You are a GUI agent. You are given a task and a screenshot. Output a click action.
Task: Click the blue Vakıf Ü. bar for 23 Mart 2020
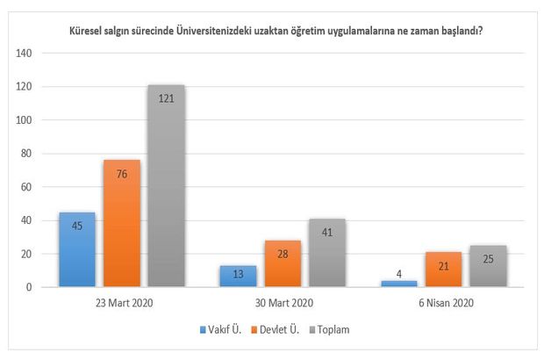(x=76, y=249)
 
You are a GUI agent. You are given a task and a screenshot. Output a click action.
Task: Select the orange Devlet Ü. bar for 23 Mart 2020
(x=121, y=223)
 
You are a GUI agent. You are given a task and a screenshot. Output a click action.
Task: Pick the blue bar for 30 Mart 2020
(x=238, y=277)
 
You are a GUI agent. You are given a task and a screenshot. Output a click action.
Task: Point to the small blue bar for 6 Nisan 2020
(x=399, y=284)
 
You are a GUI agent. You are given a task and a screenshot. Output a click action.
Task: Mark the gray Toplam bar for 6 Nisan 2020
(x=489, y=266)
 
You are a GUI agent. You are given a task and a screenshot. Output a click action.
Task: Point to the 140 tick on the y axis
(x=24, y=53)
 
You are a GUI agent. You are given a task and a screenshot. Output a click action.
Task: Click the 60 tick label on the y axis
(x=26, y=187)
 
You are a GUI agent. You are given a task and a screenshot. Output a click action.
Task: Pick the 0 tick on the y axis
(x=29, y=287)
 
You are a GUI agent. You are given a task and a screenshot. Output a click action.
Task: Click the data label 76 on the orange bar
(x=121, y=172)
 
